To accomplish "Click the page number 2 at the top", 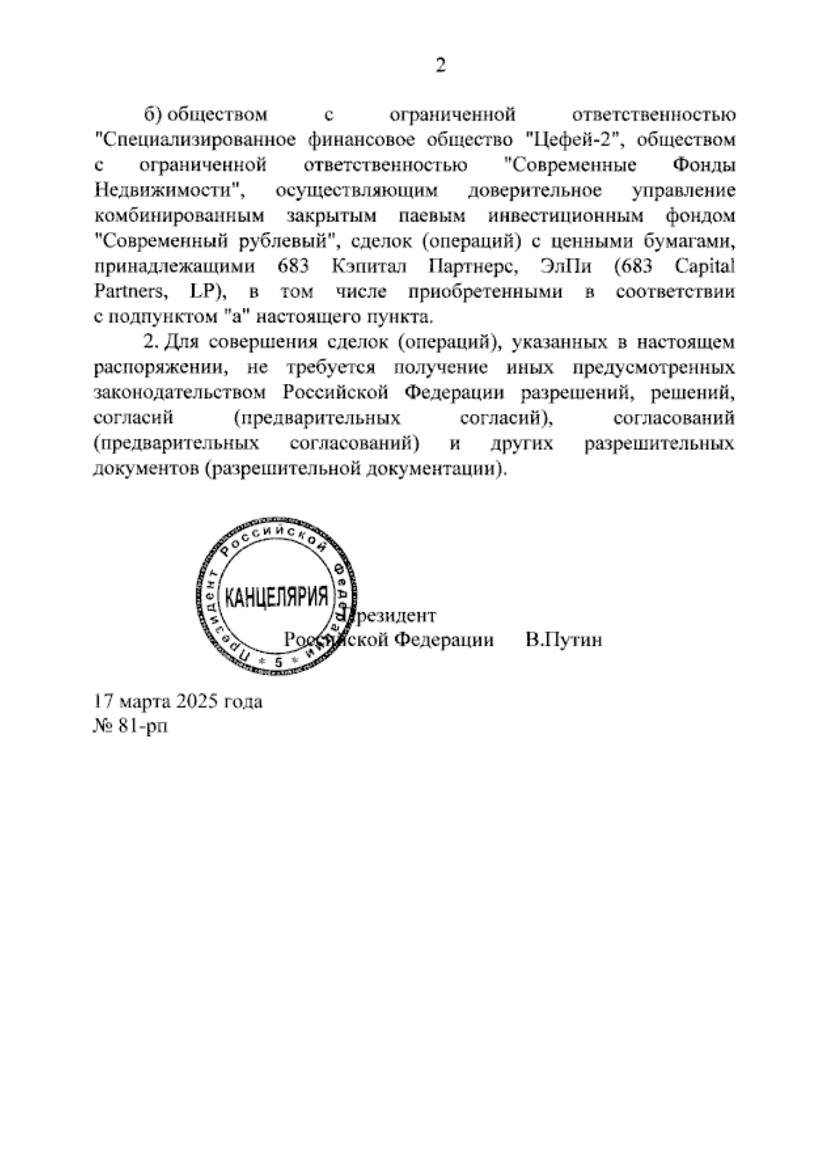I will (440, 66).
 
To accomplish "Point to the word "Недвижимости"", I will (170, 190).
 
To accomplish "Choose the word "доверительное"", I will (535, 190).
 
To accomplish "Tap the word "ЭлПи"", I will (567, 266).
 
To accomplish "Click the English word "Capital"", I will (706, 266).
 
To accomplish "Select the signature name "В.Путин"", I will (564, 639).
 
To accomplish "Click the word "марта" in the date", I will (138, 701).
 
